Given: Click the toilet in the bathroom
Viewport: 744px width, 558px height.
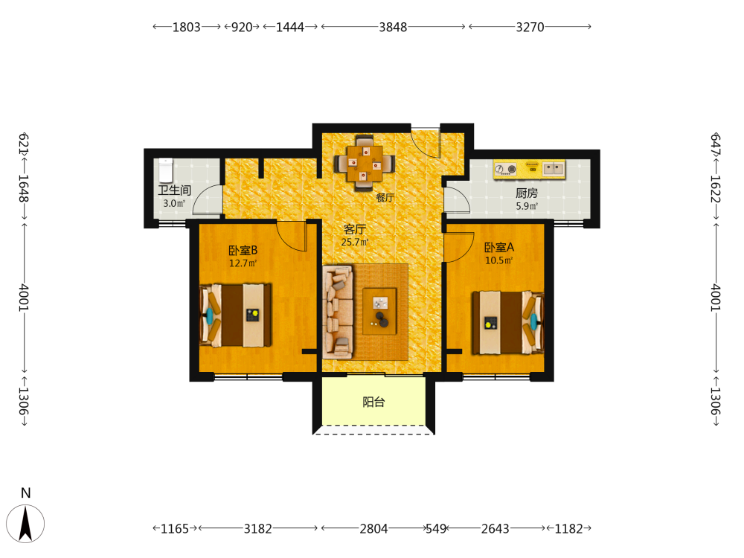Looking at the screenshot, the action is coord(166,170).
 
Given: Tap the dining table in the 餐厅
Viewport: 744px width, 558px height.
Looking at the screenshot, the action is coord(365,164).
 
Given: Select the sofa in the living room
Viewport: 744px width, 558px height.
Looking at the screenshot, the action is coord(338,312).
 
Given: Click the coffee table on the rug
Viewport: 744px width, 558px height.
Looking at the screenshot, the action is coord(379,311).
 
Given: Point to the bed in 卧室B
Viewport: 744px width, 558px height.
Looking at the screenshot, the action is coord(236,315).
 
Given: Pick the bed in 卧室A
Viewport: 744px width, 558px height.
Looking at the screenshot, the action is coord(507,323).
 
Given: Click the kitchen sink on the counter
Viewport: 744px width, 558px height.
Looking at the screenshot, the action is coord(554,168).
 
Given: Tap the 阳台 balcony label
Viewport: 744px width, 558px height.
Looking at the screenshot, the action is coord(373,403).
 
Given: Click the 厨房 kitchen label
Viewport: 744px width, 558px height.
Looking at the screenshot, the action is coord(527,193).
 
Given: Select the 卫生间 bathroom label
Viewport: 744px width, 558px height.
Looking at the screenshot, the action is coord(175,190).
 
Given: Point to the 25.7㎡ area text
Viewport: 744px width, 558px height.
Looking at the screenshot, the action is coord(355,242).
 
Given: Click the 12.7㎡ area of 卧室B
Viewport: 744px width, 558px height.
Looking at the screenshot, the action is coord(243,263).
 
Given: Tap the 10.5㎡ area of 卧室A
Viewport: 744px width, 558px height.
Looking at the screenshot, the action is coord(498,260).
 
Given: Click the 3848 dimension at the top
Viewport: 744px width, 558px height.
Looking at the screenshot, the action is coord(393,27).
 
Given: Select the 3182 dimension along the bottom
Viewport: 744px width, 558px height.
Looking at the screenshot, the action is coord(257,528).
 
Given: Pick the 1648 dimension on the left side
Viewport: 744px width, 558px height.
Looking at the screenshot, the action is coord(24,189).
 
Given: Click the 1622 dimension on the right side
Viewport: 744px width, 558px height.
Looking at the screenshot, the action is coord(716,189).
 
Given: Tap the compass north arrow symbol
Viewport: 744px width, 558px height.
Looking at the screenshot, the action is coord(25,523).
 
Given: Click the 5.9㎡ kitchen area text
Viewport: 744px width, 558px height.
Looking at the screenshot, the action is coord(527,206).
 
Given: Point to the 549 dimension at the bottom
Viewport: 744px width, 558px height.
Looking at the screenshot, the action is coord(436,528).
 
